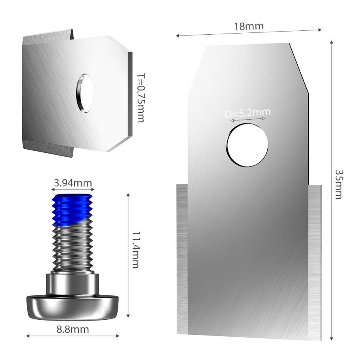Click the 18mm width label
[x=249, y=26]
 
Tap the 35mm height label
[x=338, y=184]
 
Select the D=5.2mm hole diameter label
[x=247, y=113]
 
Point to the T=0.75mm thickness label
[x=141, y=98]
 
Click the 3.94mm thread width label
[x=73, y=183]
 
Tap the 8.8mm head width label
[x=73, y=330]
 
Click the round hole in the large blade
[x=247, y=145]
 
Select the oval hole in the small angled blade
[x=84, y=94]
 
